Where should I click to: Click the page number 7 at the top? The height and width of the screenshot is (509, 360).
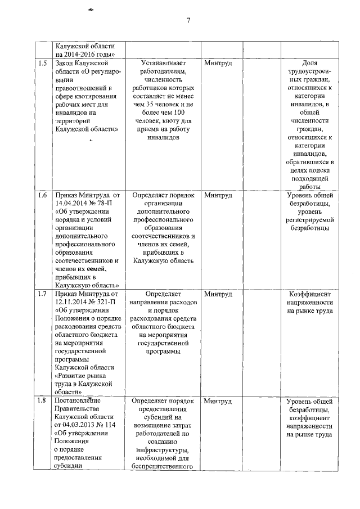[188, 21]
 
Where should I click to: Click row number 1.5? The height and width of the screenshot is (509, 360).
[42, 63]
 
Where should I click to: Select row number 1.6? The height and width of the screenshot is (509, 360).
[42, 195]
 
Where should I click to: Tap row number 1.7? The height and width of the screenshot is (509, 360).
[42, 294]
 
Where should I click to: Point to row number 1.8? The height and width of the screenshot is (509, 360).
[42, 400]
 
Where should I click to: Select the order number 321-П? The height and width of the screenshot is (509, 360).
[105, 302]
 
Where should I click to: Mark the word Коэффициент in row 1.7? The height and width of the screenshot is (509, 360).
[310, 294]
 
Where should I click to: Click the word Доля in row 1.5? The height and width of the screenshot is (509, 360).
[310, 63]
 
